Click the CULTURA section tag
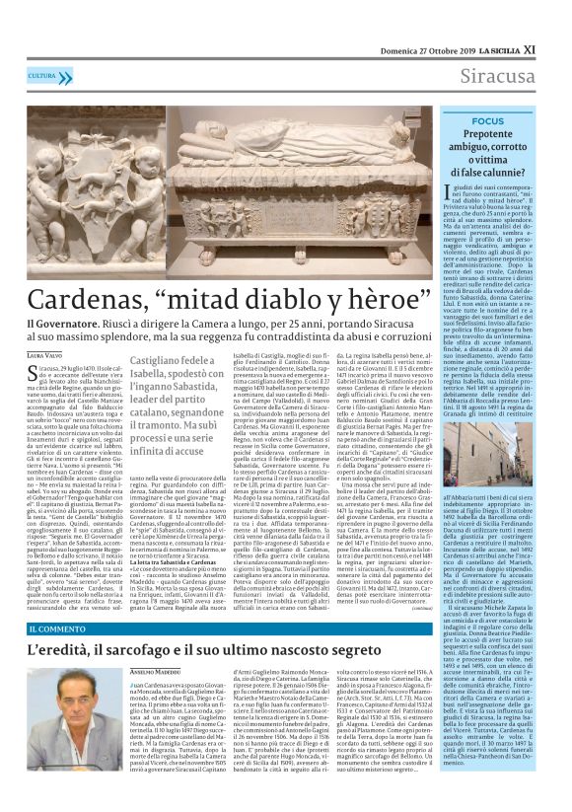[42, 76]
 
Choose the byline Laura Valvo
[43, 354]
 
